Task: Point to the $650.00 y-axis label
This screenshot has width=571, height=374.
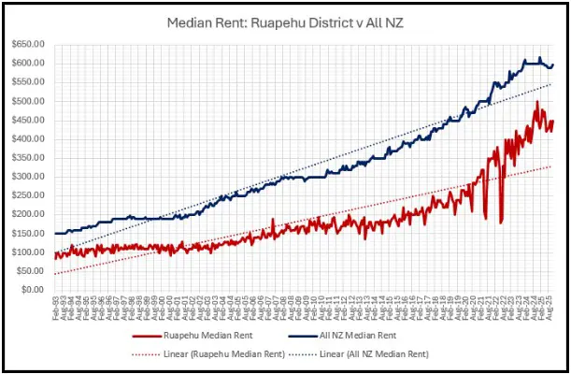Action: tap(31, 44)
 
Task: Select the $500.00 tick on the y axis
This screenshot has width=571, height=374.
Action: tap(31, 101)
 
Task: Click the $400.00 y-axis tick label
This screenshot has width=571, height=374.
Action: tap(31, 138)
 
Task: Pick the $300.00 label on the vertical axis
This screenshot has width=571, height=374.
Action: tap(31, 177)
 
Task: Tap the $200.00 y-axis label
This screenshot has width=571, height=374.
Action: tap(31, 214)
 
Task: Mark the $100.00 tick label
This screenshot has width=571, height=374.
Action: tap(31, 252)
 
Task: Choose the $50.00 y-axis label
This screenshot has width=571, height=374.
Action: tap(33, 271)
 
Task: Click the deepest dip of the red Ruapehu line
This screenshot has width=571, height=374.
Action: tap(502, 223)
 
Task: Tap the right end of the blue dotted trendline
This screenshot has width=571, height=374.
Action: tap(552, 84)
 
